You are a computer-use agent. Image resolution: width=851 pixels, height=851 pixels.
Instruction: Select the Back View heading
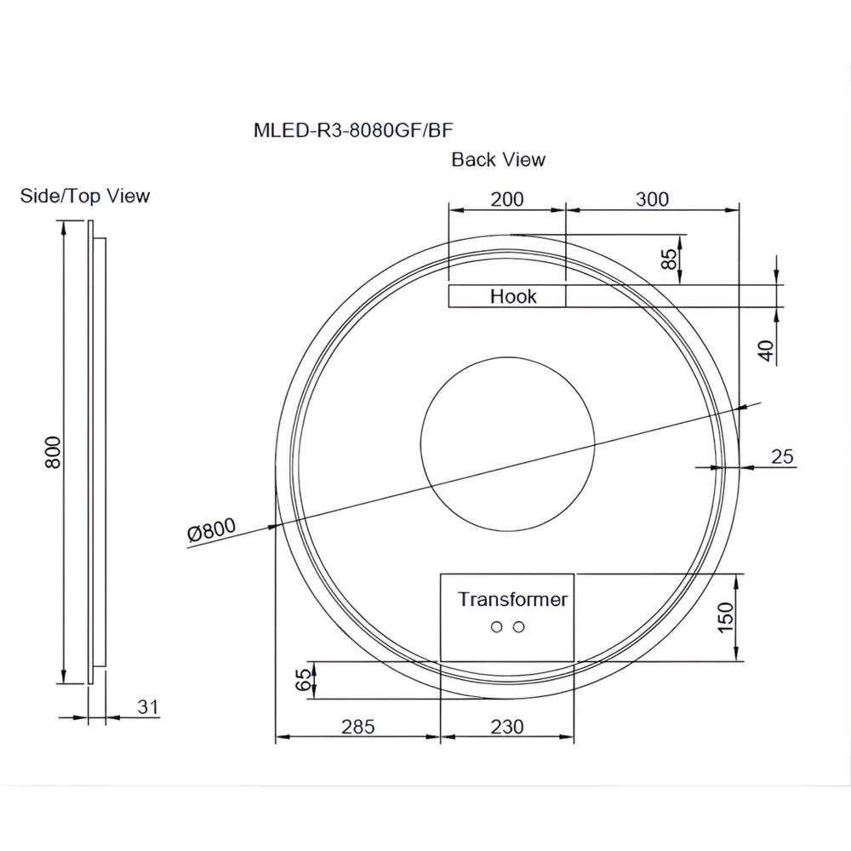[x=498, y=159]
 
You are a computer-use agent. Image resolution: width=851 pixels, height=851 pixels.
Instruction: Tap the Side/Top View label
[x=85, y=196]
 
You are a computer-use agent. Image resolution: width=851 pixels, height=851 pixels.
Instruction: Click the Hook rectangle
[x=507, y=296]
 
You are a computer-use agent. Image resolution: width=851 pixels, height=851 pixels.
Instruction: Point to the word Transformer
[x=512, y=599]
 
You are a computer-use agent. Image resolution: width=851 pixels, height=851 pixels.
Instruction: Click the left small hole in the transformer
[x=496, y=628]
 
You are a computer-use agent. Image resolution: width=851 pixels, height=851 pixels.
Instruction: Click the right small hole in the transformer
[x=518, y=628]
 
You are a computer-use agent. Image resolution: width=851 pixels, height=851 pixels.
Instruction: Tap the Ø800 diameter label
[x=210, y=531]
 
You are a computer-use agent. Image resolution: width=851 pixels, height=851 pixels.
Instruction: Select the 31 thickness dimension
[x=148, y=705]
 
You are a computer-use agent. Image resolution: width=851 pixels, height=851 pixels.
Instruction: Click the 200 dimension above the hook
[x=507, y=199]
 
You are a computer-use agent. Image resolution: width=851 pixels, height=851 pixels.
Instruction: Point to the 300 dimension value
[x=652, y=199]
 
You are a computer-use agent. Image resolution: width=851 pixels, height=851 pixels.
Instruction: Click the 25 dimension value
[x=782, y=456]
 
